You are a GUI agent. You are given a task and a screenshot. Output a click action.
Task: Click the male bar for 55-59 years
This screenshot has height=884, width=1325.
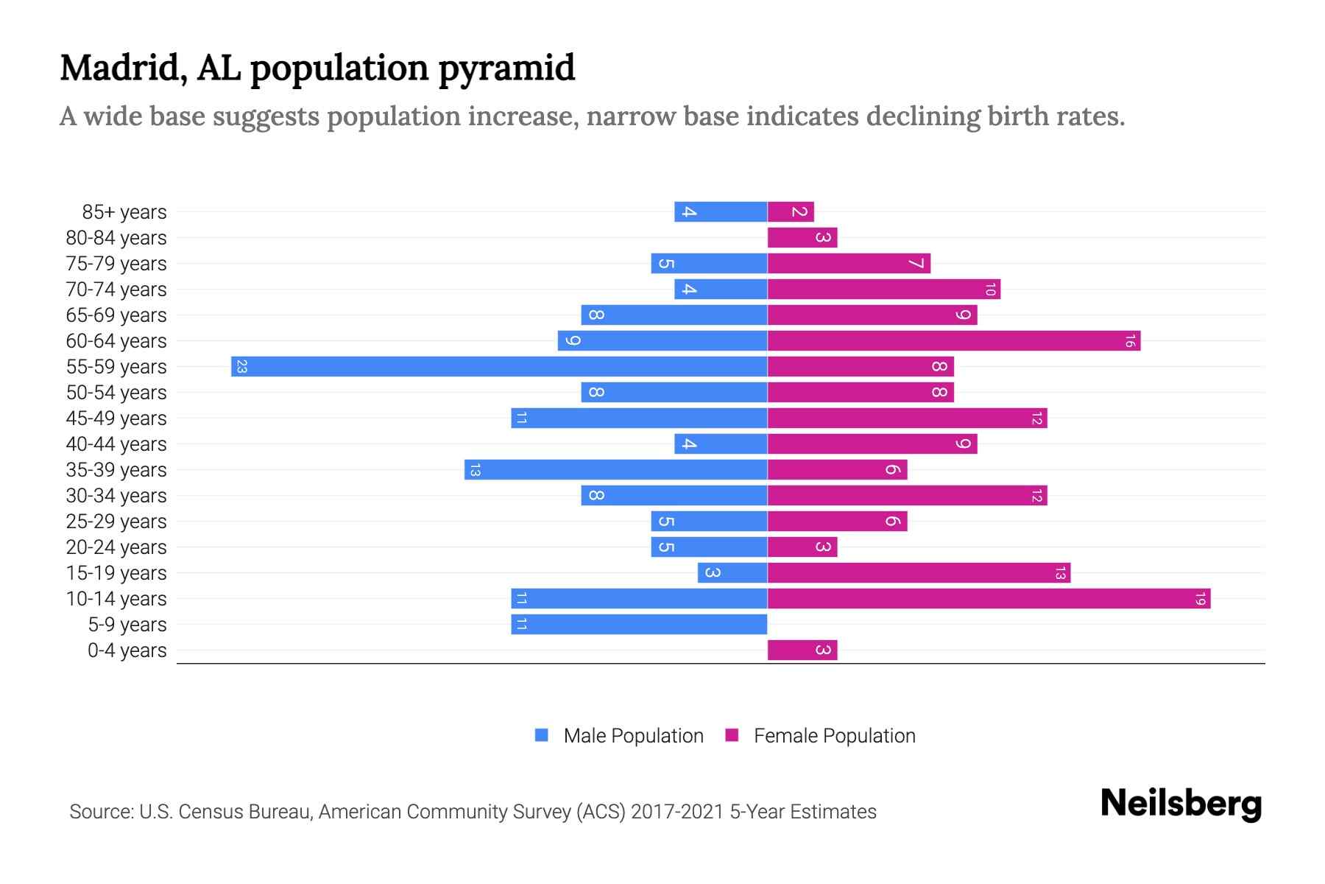pyautogui.click(x=499, y=366)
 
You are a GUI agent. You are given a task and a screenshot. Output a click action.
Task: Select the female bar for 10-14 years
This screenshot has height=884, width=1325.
pyautogui.click(x=989, y=598)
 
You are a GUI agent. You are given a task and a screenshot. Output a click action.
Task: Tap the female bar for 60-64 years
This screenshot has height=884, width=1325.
pyautogui.click(x=953, y=340)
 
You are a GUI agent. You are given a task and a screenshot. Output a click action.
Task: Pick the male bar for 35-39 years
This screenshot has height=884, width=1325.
pyautogui.click(x=615, y=469)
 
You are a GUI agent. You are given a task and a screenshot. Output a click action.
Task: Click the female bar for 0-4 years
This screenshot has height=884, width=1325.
pyautogui.click(x=802, y=650)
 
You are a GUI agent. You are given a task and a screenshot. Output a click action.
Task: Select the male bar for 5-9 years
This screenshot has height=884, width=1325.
pyautogui.click(x=639, y=624)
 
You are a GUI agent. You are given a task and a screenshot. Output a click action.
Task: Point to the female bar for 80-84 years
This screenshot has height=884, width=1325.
pyautogui.click(x=802, y=237)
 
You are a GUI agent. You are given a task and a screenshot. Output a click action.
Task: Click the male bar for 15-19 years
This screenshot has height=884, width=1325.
pyautogui.click(x=732, y=572)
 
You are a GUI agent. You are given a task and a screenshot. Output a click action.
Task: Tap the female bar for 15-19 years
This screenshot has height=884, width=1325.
pyautogui.click(x=919, y=572)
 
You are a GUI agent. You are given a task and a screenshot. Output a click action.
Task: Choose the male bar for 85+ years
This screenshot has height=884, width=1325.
pyautogui.click(x=721, y=211)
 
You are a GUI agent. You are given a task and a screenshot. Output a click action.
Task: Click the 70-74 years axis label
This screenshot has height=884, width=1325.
pyautogui.click(x=116, y=290)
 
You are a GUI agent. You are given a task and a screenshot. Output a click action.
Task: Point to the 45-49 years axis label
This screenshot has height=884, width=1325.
pyautogui.click(x=116, y=418)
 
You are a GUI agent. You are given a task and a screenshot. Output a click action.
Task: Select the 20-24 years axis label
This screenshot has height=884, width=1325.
pyautogui.click(x=116, y=547)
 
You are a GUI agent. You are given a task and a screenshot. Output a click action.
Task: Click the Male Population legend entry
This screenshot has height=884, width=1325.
pyautogui.click(x=632, y=735)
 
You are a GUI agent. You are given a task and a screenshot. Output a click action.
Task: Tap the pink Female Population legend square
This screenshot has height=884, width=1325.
pyautogui.click(x=732, y=735)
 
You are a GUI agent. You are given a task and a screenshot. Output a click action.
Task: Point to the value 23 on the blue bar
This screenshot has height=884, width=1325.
pyautogui.click(x=241, y=366)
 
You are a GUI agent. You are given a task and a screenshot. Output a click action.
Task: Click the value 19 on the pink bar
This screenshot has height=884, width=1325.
pyautogui.click(x=1200, y=598)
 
